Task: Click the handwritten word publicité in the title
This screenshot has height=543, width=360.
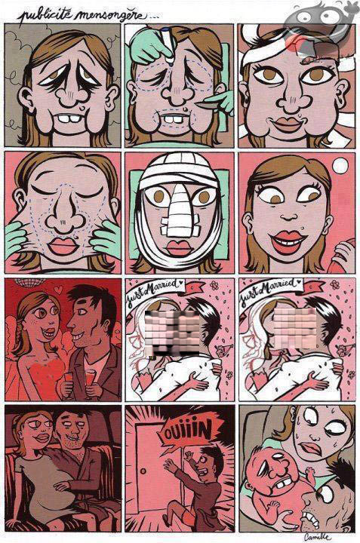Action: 45,15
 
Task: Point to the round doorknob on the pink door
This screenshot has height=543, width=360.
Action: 143,471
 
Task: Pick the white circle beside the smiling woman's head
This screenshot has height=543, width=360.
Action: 340,165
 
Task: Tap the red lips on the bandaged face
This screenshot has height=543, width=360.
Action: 179,247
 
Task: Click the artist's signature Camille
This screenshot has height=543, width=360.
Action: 318,536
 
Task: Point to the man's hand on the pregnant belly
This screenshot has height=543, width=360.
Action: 63,486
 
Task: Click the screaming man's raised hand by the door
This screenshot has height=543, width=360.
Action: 189,456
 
